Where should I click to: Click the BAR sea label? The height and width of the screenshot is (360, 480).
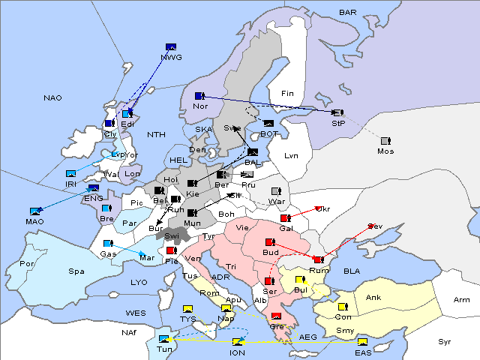(347, 13)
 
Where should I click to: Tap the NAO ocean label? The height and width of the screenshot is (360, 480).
(52, 98)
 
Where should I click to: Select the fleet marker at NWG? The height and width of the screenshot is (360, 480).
(171, 47)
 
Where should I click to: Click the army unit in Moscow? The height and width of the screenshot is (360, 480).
(385, 141)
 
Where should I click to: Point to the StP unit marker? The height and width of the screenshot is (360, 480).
(337, 112)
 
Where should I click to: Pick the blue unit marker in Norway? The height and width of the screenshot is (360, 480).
(199, 96)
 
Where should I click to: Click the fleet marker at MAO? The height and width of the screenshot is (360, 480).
(34, 212)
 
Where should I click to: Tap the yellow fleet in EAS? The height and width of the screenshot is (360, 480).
(362, 343)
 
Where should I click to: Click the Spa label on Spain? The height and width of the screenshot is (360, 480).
(76, 271)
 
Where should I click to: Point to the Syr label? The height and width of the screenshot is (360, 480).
(445, 341)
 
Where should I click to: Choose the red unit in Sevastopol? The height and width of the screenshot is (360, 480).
(371, 226)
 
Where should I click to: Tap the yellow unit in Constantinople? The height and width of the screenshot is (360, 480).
(343, 307)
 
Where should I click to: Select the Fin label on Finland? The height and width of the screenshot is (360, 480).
(286, 94)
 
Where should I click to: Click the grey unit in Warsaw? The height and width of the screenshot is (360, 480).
(275, 191)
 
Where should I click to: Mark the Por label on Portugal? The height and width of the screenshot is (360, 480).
(27, 264)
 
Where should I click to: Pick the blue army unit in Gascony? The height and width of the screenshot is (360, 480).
(108, 244)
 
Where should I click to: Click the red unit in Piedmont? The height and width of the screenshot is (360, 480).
(171, 250)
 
